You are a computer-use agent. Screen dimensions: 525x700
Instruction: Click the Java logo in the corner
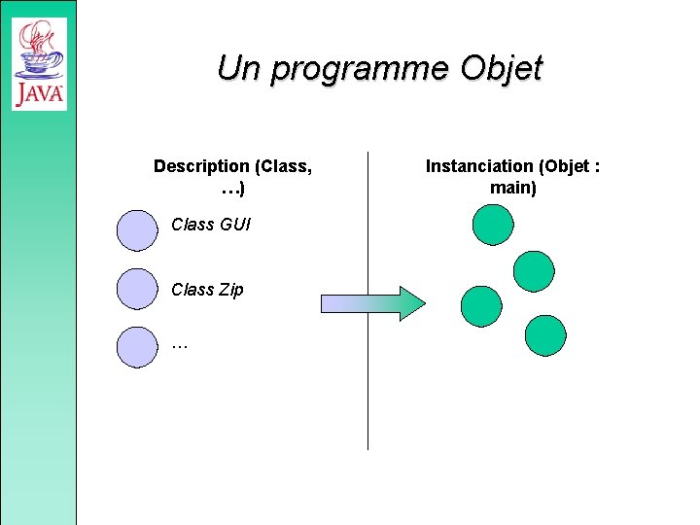tap(39, 63)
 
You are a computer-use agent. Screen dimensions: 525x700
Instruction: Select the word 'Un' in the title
tap(239, 68)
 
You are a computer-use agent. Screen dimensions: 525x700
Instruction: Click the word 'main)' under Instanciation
tap(513, 188)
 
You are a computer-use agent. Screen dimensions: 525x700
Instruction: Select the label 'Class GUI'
tap(211, 225)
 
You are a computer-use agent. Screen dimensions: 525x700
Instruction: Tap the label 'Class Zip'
tap(207, 290)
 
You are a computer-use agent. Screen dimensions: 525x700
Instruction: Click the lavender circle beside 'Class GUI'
tap(136, 230)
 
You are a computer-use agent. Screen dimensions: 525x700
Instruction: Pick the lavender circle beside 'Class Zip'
tap(136, 289)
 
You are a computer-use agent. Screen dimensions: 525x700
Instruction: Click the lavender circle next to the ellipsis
tap(136, 347)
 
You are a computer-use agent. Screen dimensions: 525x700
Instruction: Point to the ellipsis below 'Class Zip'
tap(179, 344)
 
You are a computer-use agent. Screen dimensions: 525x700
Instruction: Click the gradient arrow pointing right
tap(373, 303)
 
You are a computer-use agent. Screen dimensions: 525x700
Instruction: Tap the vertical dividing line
tap(368, 389)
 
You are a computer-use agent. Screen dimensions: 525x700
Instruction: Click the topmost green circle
tap(492, 223)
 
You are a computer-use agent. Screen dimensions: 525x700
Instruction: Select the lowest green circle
tap(545, 335)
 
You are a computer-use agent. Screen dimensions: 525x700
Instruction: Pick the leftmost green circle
tap(481, 306)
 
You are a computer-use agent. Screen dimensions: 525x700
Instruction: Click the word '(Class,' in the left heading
tap(282, 166)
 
